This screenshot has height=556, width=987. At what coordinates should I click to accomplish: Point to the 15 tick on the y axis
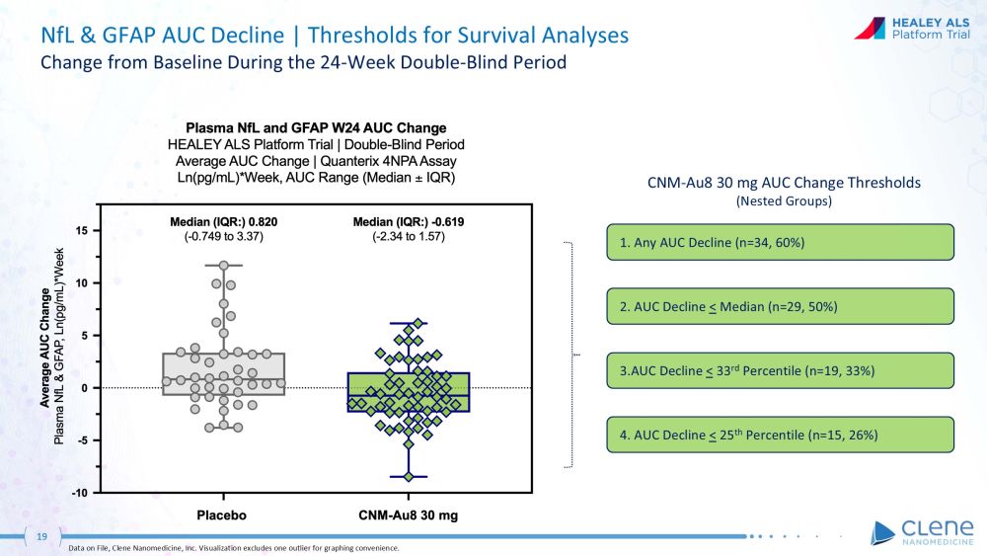click(x=87, y=230)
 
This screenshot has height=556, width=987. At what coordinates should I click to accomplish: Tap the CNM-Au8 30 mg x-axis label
click(x=407, y=515)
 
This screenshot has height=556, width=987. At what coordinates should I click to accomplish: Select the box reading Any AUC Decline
click(x=780, y=242)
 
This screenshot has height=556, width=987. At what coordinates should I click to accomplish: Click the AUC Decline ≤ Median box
click(x=780, y=306)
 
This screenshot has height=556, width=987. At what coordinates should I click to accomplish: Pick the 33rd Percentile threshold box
click(x=780, y=370)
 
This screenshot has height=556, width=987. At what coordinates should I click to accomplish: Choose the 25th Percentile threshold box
click(x=780, y=435)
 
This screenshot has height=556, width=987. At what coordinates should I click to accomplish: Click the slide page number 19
click(x=42, y=536)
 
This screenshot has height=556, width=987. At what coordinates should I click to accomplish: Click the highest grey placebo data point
click(x=224, y=265)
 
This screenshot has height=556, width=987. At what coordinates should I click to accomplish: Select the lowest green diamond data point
click(x=408, y=476)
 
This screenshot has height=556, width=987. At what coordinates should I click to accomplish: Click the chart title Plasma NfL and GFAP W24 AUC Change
click(x=317, y=128)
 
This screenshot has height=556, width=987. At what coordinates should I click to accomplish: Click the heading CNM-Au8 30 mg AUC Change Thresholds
click(x=779, y=183)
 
